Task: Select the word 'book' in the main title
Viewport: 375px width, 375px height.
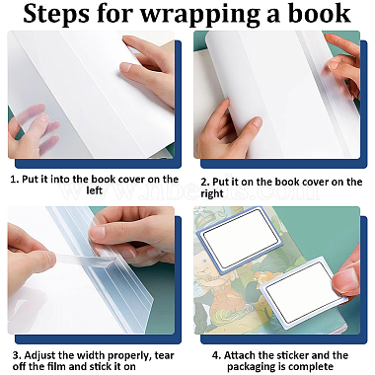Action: click(x=319, y=13)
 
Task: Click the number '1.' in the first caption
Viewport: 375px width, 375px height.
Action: click(x=15, y=180)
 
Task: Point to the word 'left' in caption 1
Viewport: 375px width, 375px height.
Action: click(x=95, y=190)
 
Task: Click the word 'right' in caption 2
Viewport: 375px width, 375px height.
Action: click(x=212, y=193)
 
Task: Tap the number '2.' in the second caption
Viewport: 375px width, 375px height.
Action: click(x=205, y=182)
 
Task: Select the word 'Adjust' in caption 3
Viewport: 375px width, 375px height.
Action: click(x=39, y=355)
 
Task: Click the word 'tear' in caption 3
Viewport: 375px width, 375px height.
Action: click(x=164, y=355)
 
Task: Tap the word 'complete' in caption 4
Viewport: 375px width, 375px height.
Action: click(x=312, y=366)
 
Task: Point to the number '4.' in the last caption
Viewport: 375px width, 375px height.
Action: click(x=216, y=355)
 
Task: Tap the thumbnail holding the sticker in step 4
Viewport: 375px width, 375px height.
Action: click(x=348, y=277)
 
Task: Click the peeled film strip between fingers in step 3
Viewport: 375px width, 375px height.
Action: click(x=82, y=260)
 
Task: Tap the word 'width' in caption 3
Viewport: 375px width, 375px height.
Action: click(x=92, y=355)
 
